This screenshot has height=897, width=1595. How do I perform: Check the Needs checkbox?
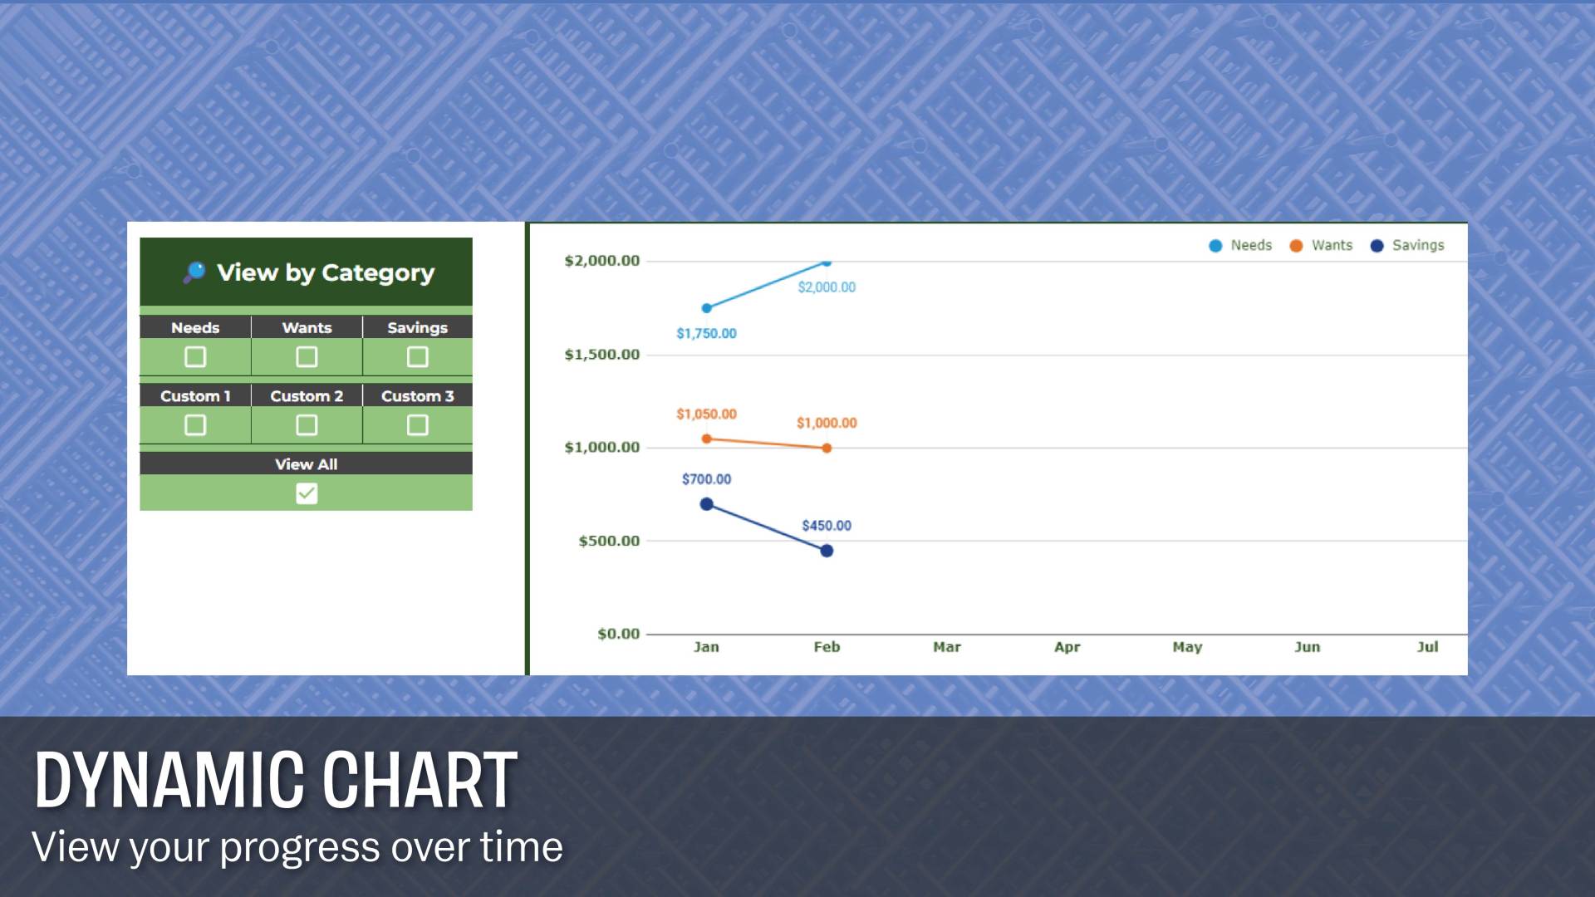coord(195,357)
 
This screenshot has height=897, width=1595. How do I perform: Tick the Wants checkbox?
coord(307,357)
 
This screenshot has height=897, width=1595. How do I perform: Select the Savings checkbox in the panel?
coord(418,357)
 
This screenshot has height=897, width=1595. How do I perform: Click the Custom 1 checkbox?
coord(195,425)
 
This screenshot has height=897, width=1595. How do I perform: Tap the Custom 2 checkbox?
coord(307,425)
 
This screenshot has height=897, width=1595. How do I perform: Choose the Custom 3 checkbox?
coord(418,425)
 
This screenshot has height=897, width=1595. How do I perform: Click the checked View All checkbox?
coord(307,493)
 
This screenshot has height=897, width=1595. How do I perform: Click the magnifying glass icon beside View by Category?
coord(194,272)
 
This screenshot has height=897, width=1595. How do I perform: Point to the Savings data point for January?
coord(707,504)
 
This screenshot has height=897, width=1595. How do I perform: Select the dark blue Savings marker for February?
coord(827,551)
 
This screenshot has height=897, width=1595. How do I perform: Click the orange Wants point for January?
coord(707,439)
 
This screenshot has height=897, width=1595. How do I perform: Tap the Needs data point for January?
coord(707,308)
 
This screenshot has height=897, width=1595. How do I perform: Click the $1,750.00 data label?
coord(706,334)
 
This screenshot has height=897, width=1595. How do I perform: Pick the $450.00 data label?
coord(827,526)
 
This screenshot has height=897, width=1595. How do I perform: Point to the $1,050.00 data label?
coord(706,414)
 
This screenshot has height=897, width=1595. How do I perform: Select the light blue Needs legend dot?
coord(1215,246)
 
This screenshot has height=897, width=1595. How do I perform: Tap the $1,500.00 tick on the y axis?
coord(602,355)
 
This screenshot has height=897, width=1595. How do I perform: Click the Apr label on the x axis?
coord(1067,647)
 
